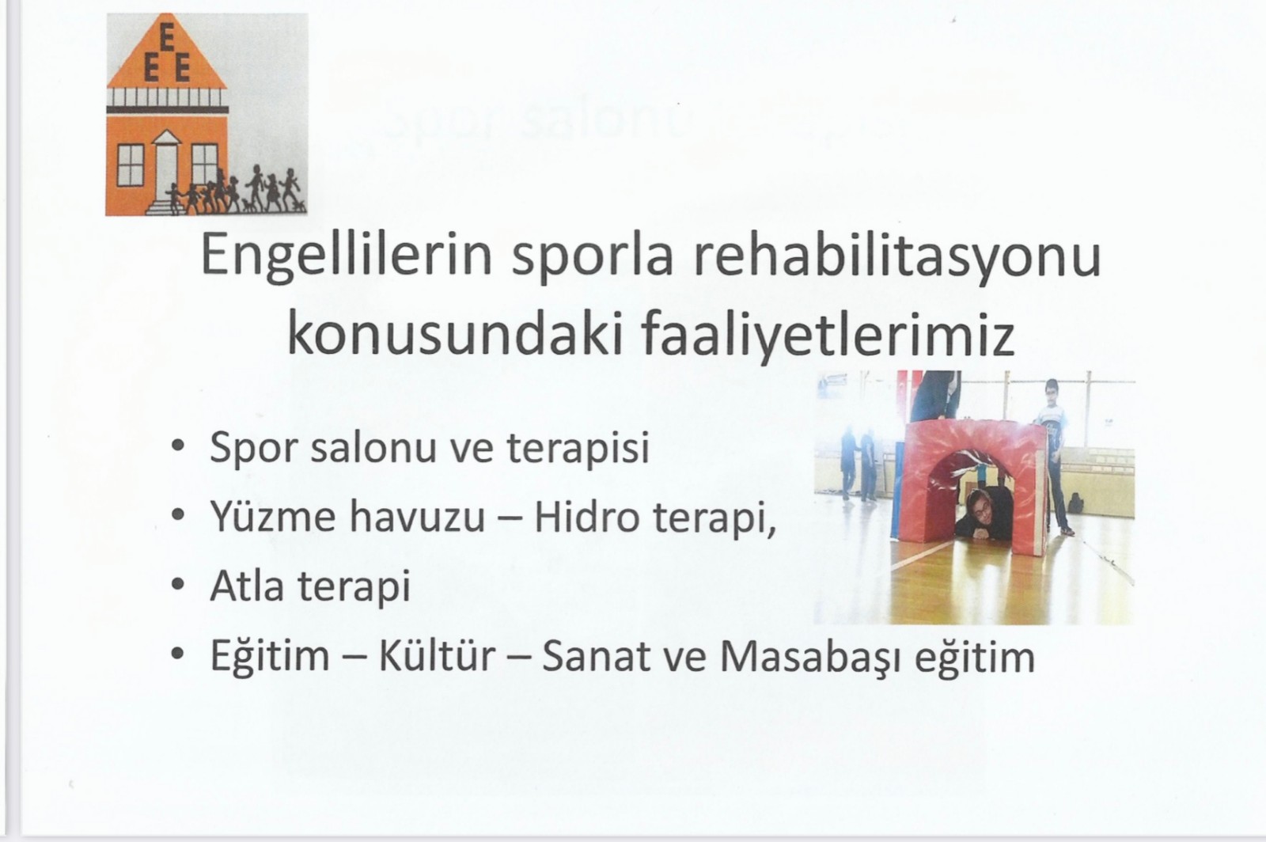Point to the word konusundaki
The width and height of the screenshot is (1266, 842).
(456, 334)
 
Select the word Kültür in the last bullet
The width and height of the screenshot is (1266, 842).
(437, 656)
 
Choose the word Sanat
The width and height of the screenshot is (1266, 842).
(596, 657)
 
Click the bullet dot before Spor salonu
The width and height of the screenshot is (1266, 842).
(178, 445)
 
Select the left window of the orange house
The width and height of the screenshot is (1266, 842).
(131, 165)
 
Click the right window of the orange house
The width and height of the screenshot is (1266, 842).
(205, 165)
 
